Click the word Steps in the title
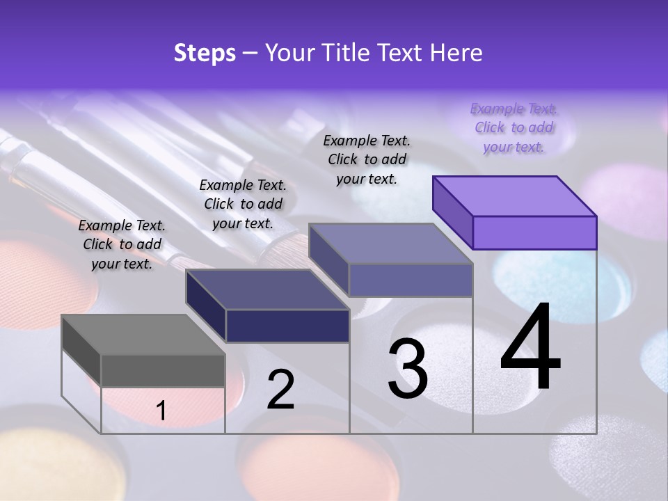click(x=205, y=53)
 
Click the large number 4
click(x=530, y=348)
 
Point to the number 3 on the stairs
click(x=408, y=369)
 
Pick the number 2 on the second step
click(x=280, y=390)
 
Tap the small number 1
click(x=161, y=411)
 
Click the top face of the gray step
click(x=143, y=334)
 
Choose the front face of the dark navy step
click(x=287, y=326)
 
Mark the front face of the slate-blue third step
click(x=411, y=280)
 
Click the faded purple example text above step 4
click(x=514, y=128)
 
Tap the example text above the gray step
click(x=122, y=244)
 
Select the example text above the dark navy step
click(x=243, y=204)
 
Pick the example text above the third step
click(x=367, y=159)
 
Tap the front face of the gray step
click(x=163, y=370)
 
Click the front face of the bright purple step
click(x=534, y=232)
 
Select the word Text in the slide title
click(x=404, y=53)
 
